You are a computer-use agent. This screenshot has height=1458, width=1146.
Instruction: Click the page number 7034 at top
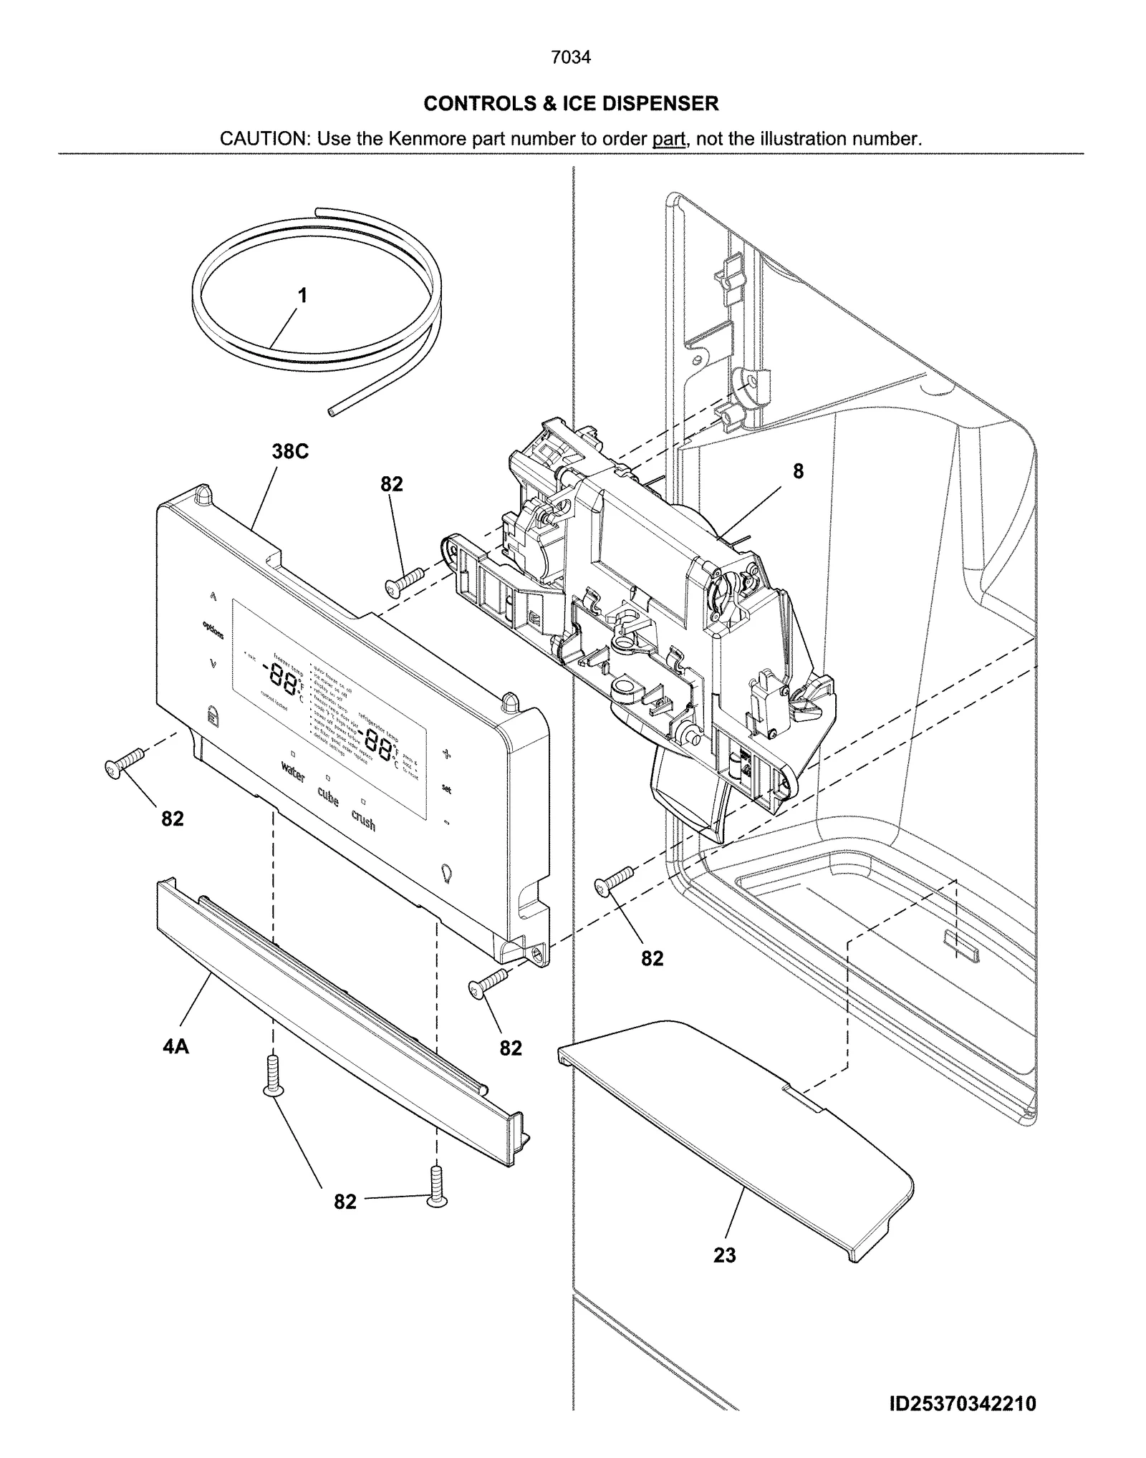[571, 57]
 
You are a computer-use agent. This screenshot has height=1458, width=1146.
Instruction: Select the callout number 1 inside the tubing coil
[302, 295]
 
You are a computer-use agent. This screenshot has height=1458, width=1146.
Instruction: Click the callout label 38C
[290, 452]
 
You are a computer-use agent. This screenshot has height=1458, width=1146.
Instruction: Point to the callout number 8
[798, 471]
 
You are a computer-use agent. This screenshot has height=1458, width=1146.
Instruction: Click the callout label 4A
[175, 1046]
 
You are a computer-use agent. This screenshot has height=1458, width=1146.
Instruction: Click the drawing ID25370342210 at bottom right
[962, 1404]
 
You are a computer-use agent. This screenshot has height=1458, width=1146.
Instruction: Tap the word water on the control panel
[293, 772]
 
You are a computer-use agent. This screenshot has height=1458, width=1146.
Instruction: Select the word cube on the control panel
[327, 796]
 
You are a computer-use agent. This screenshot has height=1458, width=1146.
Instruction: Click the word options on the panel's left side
[213, 631]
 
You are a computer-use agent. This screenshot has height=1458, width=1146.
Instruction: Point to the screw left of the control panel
[124, 762]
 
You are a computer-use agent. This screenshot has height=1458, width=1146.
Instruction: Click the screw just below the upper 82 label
[405, 580]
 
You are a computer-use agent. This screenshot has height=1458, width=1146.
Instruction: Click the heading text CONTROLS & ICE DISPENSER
[571, 104]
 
